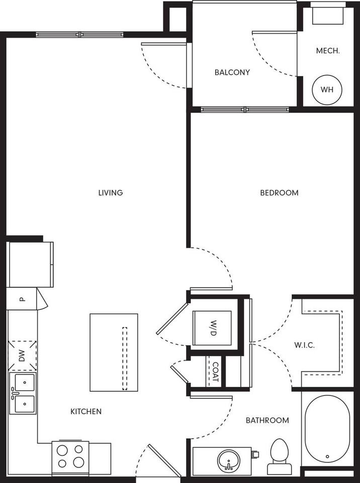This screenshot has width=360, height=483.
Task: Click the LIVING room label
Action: [111, 193]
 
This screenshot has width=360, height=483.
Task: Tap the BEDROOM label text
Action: [280, 193]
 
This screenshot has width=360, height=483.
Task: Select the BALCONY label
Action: [232, 72]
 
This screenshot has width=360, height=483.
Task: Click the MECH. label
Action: [328, 51]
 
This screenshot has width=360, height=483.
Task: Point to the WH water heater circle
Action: [327, 90]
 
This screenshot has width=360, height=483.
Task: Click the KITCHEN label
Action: [86, 412]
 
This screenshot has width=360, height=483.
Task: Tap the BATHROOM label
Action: [267, 420]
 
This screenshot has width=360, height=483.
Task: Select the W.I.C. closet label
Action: [304, 345]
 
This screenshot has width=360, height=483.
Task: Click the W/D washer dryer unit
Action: [212, 328]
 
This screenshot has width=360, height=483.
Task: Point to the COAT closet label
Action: [215, 371]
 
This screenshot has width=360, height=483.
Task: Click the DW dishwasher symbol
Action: [22, 356]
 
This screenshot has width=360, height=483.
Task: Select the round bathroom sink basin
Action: [228, 460]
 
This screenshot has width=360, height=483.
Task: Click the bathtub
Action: [327, 429]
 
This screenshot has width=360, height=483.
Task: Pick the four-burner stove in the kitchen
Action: [70, 457]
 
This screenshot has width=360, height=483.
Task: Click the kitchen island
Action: [114, 352]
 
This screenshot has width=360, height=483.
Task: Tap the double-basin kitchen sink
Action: [23, 393]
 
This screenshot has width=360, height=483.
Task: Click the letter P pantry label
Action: [22, 299]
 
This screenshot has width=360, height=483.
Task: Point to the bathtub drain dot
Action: [327, 456]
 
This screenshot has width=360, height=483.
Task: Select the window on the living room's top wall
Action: [80, 35]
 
